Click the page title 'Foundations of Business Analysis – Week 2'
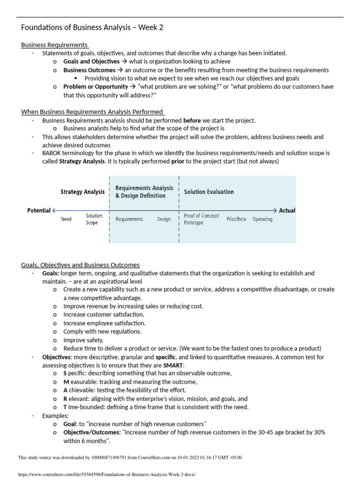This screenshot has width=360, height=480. [92, 28]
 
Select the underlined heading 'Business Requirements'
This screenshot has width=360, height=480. [55, 45]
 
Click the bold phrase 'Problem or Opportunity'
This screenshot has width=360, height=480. [96, 87]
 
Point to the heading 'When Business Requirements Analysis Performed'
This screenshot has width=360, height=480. [92, 112]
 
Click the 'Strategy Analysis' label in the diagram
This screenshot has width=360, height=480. [82, 192]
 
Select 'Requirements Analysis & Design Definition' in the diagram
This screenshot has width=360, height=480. [144, 192]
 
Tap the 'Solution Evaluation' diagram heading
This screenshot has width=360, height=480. [209, 192]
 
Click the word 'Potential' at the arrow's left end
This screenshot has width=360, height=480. [39, 210]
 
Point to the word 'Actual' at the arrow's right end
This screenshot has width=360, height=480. [287, 210]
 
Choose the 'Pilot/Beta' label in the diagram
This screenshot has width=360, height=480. [236, 219]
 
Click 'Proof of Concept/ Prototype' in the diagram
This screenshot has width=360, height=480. [198, 219]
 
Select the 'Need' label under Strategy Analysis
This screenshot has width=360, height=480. [66, 219]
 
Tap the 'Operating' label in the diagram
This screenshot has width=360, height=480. [262, 219]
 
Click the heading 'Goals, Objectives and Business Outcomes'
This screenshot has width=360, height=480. [80, 265]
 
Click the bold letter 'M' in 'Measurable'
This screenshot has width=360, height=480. [66, 382]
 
